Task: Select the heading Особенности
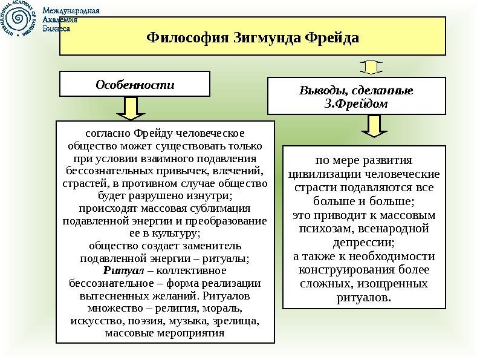coord(135,85)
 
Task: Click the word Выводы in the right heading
coord(320,91)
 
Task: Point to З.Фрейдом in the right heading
coord(356,103)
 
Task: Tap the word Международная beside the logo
coord(74,10)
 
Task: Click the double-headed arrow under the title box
coord(373,65)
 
